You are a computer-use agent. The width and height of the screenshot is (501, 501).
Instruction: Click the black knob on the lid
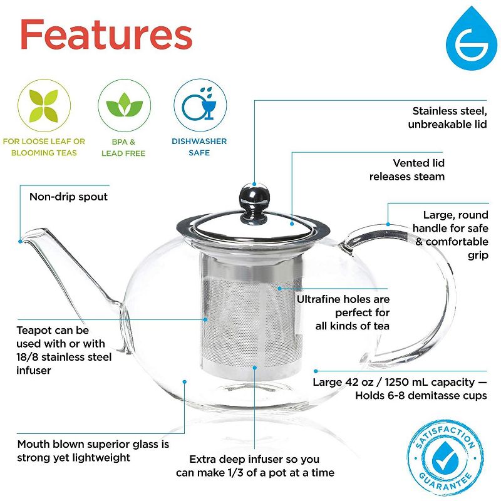pyautogui.click(x=253, y=197)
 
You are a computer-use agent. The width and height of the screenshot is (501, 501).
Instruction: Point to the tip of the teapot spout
pyautogui.click(x=23, y=239)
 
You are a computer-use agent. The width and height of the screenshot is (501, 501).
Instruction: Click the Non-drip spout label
pyautogui.click(x=68, y=197)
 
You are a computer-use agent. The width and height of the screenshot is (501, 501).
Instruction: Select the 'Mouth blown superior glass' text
pyautogui.click(x=93, y=451)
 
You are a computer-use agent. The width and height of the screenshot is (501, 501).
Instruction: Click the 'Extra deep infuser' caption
pyautogui.click(x=254, y=466)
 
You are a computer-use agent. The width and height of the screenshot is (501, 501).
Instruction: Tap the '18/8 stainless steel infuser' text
pyautogui.click(x=65, y=356)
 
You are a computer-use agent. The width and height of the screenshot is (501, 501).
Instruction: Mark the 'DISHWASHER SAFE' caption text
pyautogui.click(x=199, y=147)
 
